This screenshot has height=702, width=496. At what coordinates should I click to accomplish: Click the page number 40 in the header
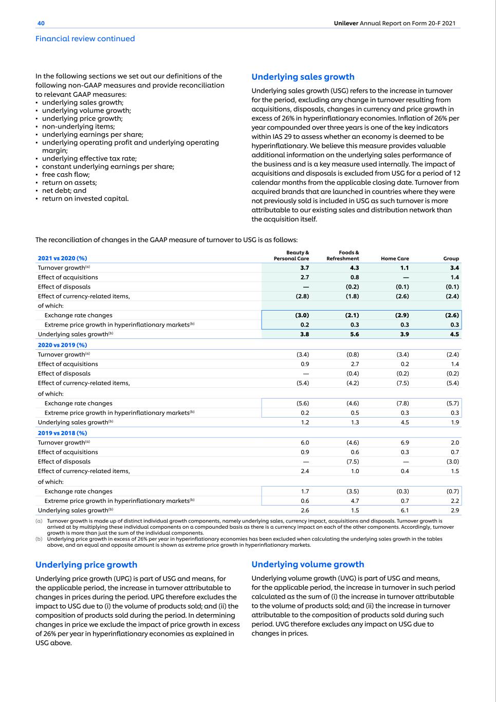click(x=41, y=23)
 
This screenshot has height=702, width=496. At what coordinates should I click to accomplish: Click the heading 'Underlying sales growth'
click(x=303, y=77)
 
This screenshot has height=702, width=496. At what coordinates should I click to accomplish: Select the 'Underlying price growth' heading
click(x=86, y=564)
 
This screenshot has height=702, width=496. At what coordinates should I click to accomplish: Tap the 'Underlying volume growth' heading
click(x=307, y=564)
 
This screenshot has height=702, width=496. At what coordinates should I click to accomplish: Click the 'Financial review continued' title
click(x=85, y=39)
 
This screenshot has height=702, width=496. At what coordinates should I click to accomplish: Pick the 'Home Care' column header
click(x=395, y=259)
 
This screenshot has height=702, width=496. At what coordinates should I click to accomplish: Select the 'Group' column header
click(x=451, y=259)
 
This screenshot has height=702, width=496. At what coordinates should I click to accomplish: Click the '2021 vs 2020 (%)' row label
click(x=62, y=259)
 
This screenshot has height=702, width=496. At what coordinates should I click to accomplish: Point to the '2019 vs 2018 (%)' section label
click(x=62, y=433)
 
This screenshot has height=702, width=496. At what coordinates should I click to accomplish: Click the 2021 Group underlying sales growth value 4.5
click(x=454, y=334)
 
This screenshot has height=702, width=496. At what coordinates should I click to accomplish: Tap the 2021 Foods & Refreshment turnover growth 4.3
click(x=354, y=268)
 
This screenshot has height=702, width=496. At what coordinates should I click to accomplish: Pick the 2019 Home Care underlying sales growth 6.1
click(x=405, y=511)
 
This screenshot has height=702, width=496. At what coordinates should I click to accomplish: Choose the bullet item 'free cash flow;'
click(x=66, y=174)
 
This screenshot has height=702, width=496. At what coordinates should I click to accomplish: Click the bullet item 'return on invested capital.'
click(x=85, y=199)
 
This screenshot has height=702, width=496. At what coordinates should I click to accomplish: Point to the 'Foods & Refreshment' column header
click(x=343, y=256)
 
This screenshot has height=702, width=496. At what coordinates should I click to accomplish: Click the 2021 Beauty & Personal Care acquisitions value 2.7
click(x=304, y=277)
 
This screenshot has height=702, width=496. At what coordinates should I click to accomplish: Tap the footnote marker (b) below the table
click(x=39, y=539)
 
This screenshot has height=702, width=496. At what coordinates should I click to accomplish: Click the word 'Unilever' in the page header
click(x=346, y=23)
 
